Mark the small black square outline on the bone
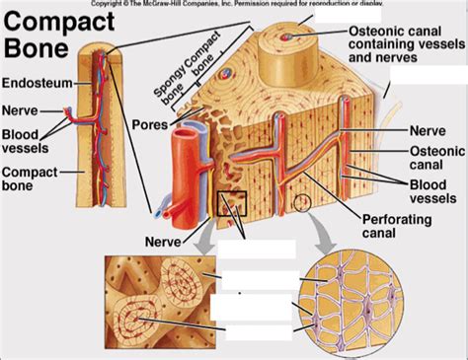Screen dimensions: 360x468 tap(230, 204)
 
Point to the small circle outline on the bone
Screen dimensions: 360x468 tap(300, 203)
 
